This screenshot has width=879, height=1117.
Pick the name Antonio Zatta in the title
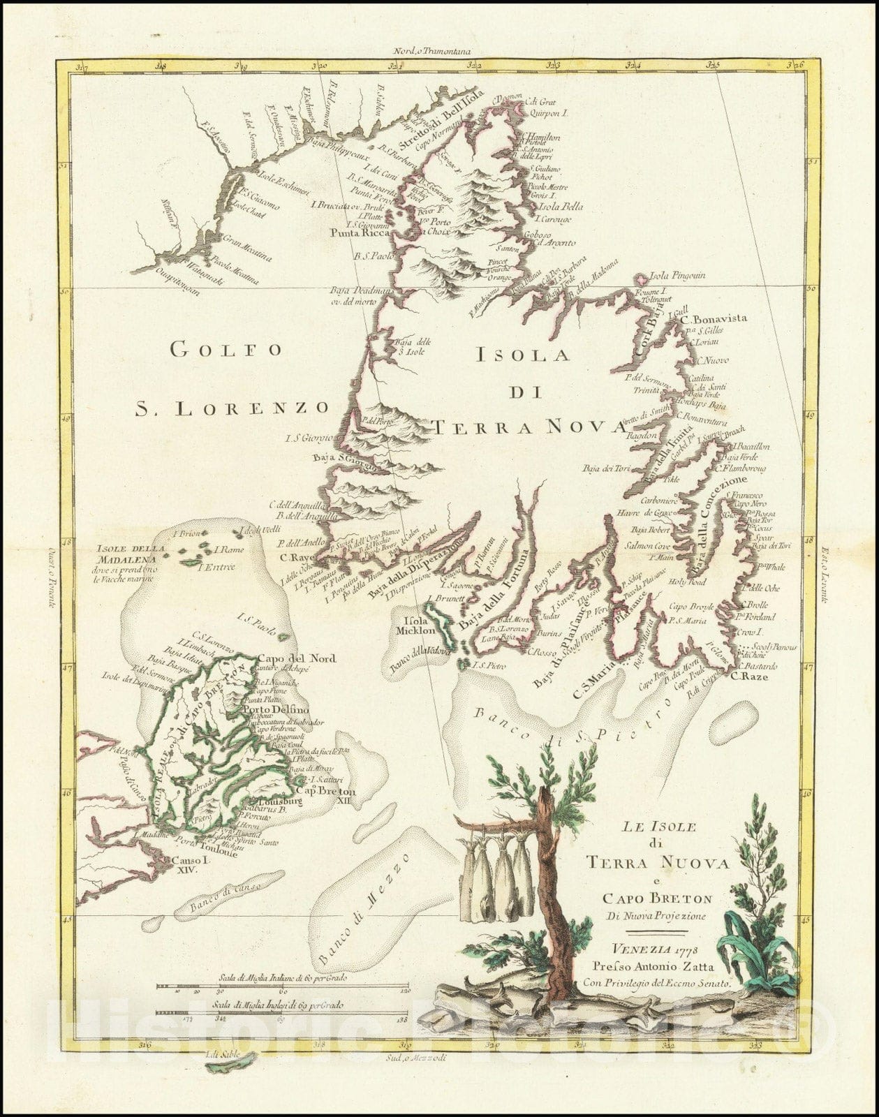click(681, 967)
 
